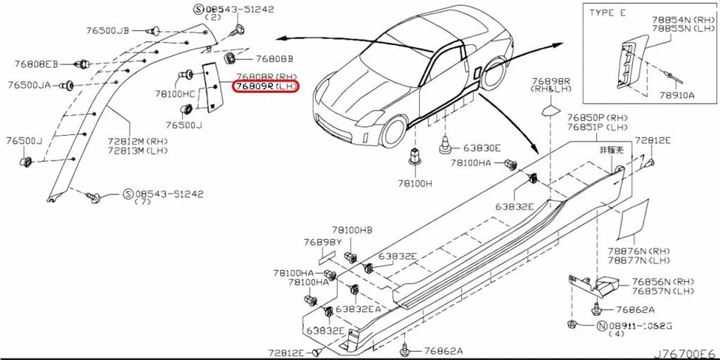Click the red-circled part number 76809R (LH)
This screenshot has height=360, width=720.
265,88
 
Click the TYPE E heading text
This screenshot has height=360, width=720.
607,13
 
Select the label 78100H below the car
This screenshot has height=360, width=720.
415,182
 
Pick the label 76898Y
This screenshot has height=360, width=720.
322,242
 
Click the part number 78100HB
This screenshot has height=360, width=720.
352,229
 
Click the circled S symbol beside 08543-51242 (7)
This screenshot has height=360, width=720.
127,193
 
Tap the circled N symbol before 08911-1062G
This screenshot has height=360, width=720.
601,326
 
